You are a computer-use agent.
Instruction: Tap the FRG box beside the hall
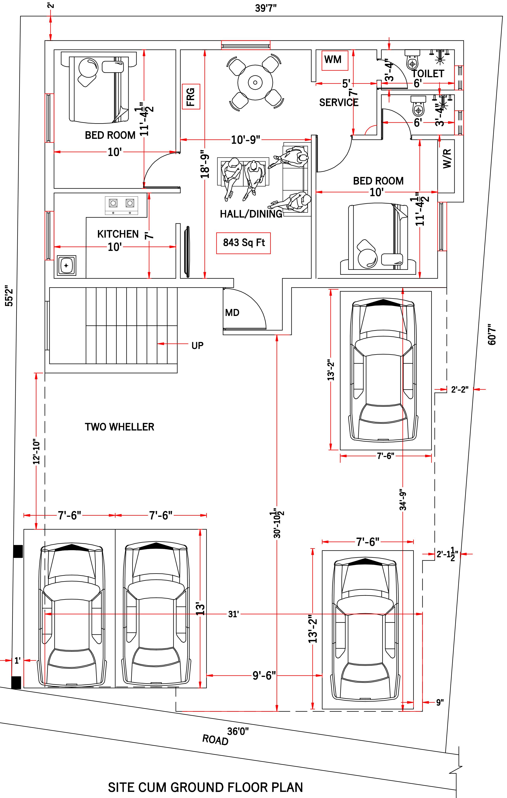pos(191,96)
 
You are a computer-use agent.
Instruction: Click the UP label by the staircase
pos(197,346)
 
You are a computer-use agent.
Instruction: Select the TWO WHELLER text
pos(119,427)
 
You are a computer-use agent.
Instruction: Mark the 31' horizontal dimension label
pos(233,614)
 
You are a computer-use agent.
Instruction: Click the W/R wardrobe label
pos(447,159)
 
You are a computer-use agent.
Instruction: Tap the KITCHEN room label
pos(118,234)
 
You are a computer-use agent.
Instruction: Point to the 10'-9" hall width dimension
pos(246,140)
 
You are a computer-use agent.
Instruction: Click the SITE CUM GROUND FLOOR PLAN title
pos(205,787)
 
